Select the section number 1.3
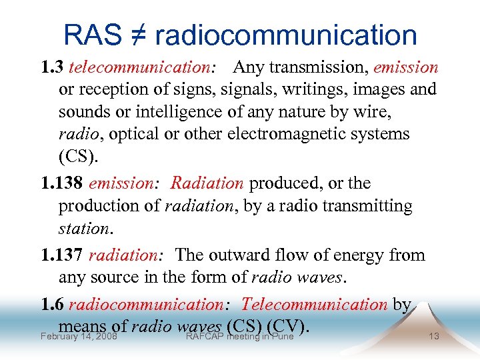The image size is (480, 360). (52, 67)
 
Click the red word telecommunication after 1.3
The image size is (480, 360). (139, 67)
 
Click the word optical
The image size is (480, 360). (134, 134)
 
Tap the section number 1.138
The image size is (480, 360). (62, 183)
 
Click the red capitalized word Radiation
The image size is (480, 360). (207, 183)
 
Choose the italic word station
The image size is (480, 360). (83, 229)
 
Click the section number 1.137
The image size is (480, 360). (62, 255)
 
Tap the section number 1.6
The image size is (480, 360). (52, 305)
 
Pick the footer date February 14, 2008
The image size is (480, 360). (79, 336)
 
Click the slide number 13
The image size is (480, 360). (434, 336)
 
